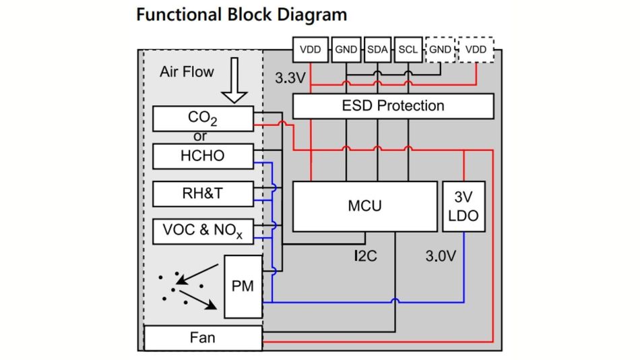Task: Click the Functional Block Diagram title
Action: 241,14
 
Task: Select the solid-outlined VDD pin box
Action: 310,50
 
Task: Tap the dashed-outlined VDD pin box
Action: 476,50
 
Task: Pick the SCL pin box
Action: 408,50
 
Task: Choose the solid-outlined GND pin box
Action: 346,50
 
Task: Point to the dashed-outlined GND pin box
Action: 441,50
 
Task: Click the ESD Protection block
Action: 393,106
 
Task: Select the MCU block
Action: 364,206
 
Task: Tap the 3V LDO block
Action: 463,206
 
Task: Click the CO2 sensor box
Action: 203,119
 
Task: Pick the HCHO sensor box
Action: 203,156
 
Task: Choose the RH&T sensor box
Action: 203,193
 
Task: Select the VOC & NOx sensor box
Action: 203,231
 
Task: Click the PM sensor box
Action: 243,287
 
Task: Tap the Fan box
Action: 203,337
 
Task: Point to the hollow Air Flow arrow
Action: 234,80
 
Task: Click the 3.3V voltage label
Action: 290,78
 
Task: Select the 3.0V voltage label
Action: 442,257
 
